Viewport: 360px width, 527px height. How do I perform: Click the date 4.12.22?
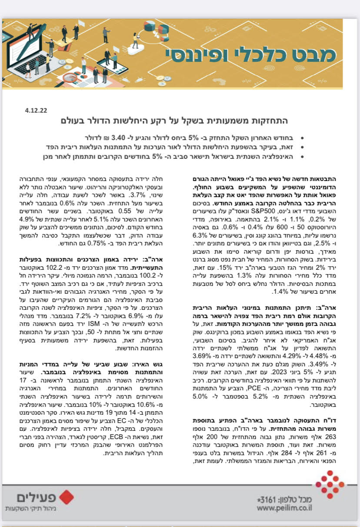click(36, 111)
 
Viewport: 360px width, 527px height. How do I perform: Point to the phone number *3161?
click(266, 499)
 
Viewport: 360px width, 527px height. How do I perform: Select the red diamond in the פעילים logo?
click(67, 497)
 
